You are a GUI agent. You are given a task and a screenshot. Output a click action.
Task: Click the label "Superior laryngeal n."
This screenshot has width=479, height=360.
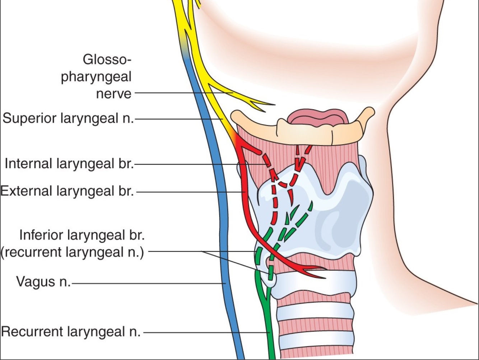[x=68, y=118]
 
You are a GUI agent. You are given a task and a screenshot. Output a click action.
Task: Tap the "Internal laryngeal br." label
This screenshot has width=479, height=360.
[x=69, y=164]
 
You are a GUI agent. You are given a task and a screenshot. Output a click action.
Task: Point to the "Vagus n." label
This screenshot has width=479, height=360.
[x=43, y=282]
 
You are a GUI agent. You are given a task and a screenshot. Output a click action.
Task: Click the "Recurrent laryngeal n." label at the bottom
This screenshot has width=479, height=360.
[x=70, y=331]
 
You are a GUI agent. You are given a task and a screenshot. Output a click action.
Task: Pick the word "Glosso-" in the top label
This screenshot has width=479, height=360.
[x=105, y=59]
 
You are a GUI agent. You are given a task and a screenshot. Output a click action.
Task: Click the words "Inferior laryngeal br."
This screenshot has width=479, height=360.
[x=82, y=235]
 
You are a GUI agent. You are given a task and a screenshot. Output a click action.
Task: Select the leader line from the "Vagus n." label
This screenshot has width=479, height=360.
[x=147, y=284]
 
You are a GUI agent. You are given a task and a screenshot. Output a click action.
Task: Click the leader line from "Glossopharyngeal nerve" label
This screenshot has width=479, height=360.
[x=180, y=93]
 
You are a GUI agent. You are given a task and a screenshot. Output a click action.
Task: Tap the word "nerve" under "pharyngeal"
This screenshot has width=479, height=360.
[x=113, y=94]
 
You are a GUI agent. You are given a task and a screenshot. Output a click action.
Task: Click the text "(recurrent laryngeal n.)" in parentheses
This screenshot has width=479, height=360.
[x=72, y=252]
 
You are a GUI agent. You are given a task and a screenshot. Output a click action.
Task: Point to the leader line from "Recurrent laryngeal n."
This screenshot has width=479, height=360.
[x=205, y=332]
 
